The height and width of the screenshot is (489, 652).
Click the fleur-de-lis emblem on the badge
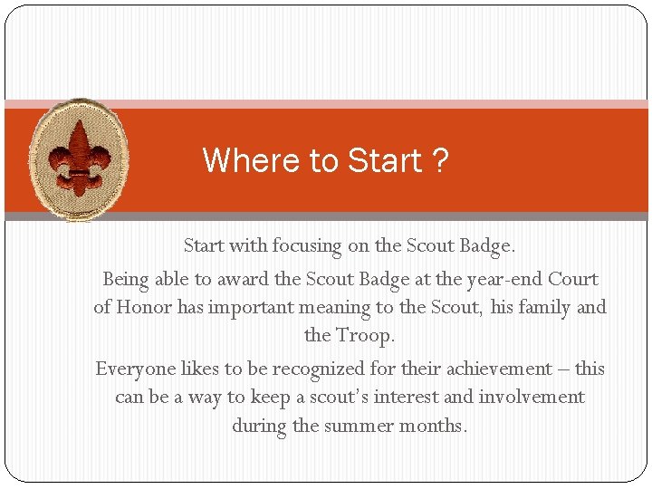pyautogui.click(x=80, y=159)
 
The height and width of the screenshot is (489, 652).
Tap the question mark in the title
pyautogui.click(x=439, y=161)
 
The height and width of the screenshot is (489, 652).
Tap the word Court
pyautogui.click(x=573, y=279)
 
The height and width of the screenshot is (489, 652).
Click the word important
pyautogui.click(x=251, y=307)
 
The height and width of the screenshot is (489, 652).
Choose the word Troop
pyautogui.click(x=366, y=335)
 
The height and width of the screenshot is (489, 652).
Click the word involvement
pyautogui.click(x=532, y=397)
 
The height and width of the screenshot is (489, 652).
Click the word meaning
pyautogui.click(x=345, y=308)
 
